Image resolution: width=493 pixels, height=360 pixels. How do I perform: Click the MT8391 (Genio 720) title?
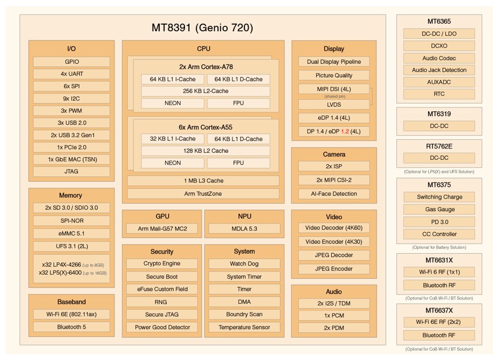click(202, 28)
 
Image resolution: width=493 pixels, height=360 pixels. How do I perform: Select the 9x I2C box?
click(71, 98)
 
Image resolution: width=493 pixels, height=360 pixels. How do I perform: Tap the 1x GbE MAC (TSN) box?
click(71, 159)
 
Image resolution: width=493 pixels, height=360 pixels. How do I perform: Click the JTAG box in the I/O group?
click(71, 172)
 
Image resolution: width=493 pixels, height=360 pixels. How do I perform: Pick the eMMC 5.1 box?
click(71, 234)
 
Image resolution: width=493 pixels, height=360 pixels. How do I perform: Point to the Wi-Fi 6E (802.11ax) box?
click(71, 314)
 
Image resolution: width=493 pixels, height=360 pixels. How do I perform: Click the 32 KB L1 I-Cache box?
click(173, 139)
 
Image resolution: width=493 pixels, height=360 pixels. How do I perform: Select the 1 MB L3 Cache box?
click(203, 181)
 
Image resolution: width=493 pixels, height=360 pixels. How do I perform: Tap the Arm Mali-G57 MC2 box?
click(162, 229)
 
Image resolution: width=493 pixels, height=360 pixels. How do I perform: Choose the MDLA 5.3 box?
click(244, 229)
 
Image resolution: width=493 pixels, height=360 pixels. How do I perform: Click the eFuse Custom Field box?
click(162, 289)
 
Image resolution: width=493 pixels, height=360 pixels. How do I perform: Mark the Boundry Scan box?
click(244, 314)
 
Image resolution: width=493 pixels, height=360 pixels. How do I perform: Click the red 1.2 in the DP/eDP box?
click(345, 131)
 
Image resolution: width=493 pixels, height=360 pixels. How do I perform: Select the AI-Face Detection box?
click(334, 194)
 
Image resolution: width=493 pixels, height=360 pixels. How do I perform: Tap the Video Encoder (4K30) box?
click(334, 242)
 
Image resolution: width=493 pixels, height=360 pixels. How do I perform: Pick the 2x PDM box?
click(334, 328)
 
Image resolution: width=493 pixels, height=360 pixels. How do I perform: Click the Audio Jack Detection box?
click(439, 70)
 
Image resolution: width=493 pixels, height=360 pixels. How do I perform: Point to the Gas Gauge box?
click(439, 209)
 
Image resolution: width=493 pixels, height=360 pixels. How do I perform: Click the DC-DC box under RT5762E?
click(439, 158)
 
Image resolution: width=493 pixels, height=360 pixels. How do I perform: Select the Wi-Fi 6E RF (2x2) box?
click(439, 322)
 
